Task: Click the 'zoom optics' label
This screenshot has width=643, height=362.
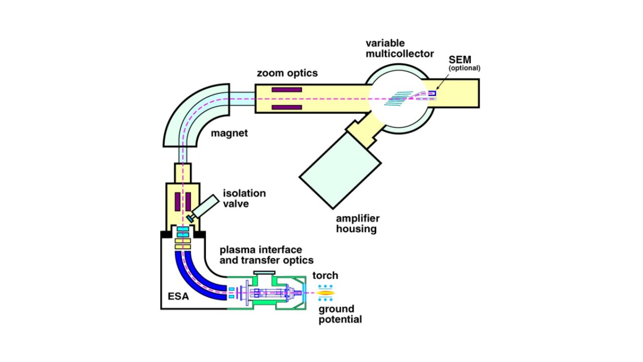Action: coord(286,73)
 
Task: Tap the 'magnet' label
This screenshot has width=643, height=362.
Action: coord(229,133)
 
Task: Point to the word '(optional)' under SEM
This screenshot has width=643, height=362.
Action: coord(464,68)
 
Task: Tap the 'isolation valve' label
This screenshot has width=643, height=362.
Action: coord(244,198)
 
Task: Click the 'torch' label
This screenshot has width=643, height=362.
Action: coord(325,276)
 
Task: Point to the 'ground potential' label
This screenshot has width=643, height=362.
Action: coord(340,314)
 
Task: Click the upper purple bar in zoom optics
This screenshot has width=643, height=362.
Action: coord(286,90)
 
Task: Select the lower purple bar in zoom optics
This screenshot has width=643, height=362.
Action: coord(286,107)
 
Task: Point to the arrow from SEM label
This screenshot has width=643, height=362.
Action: coord(445,81)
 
